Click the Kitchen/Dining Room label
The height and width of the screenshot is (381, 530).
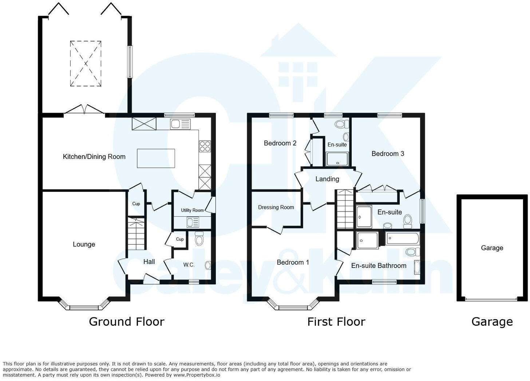94,157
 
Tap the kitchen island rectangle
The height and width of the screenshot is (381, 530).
156,158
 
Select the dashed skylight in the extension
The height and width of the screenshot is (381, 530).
86,64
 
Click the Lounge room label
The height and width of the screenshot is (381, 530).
84,244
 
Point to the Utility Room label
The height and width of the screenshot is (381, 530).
192,210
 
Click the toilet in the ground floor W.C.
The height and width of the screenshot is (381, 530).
199,238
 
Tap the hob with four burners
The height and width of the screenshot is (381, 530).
205,146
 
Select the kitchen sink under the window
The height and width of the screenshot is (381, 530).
180,124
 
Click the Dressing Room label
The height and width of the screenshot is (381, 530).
276,207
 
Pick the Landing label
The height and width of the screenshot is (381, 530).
327,179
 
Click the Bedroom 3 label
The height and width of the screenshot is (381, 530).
388,153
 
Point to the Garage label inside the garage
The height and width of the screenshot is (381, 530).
492,248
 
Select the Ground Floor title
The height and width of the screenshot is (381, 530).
127,322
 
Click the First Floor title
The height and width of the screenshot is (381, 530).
336,322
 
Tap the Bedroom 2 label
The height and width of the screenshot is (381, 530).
280,143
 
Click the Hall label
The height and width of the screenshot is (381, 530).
149,262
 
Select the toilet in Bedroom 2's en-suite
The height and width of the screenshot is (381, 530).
341,124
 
